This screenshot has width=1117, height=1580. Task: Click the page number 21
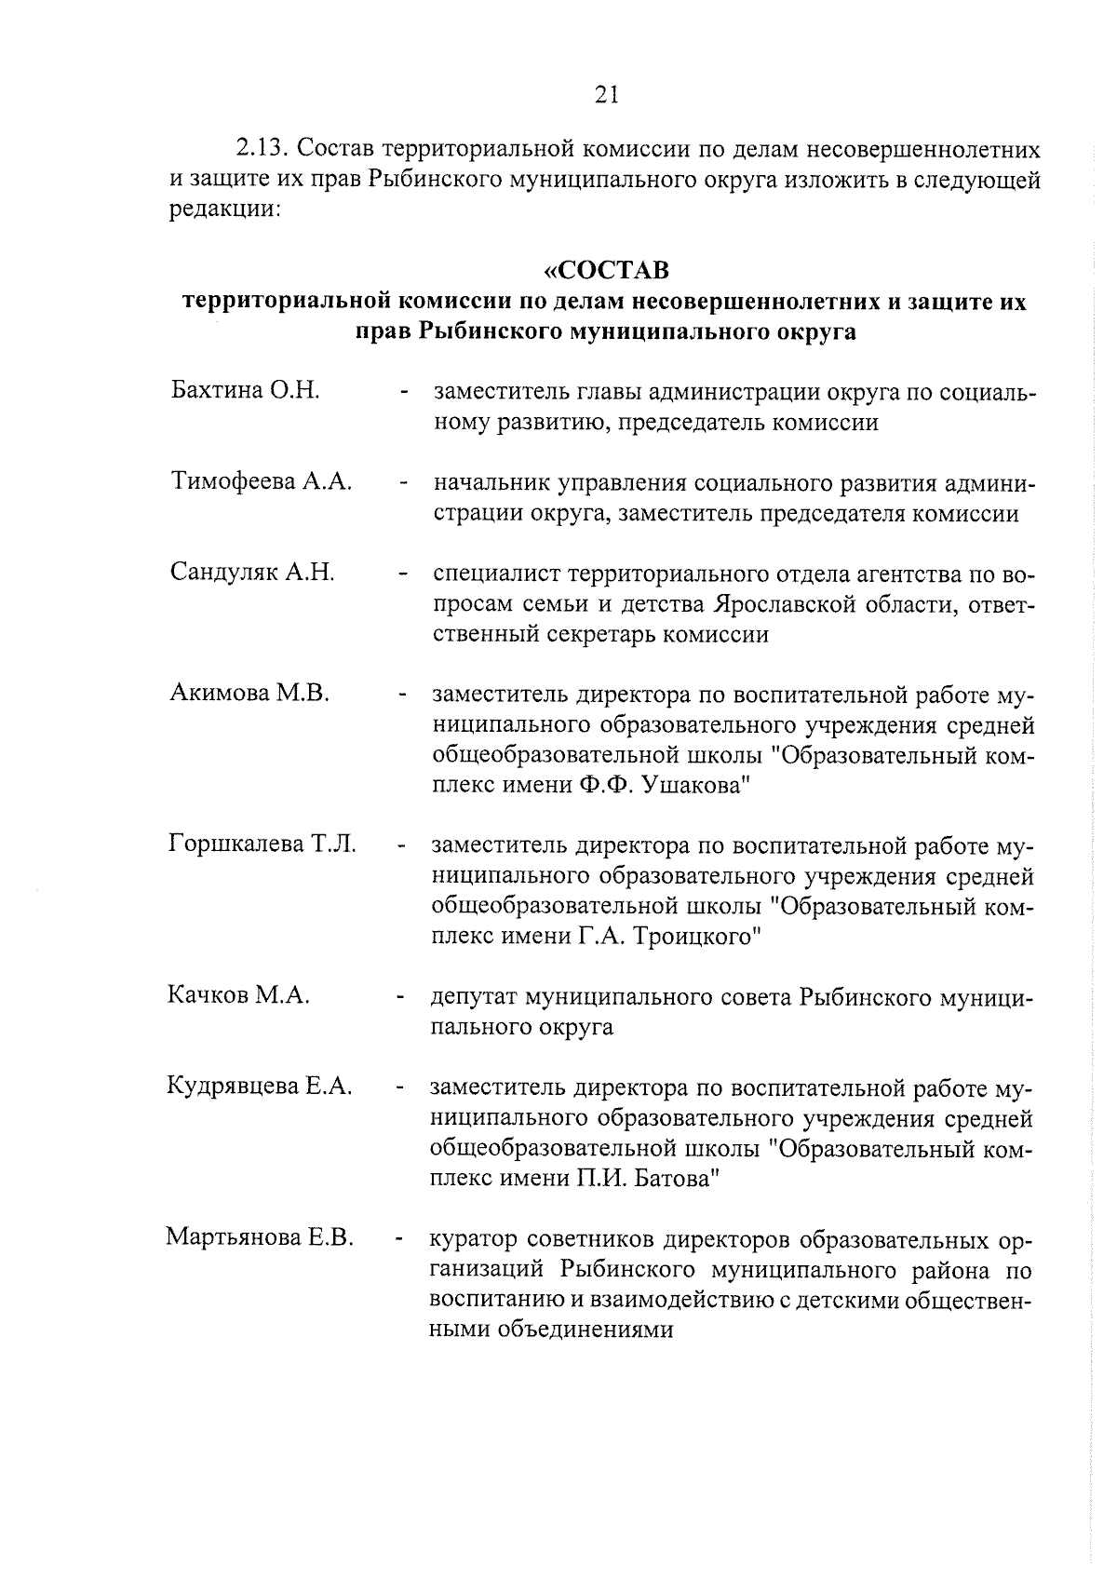click(605, 94)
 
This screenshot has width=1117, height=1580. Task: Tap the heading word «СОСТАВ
click(606, 271)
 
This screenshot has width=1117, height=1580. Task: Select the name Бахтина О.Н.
click(246, 390)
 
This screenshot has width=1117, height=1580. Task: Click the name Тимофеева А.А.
click(262, 481)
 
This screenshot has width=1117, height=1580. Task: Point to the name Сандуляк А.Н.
click(252, 572)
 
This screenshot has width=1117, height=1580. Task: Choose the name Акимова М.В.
click(249, 693)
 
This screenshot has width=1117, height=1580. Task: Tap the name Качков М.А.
click(238, 995)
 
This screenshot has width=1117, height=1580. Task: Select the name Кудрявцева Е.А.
click(260, 1086)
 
